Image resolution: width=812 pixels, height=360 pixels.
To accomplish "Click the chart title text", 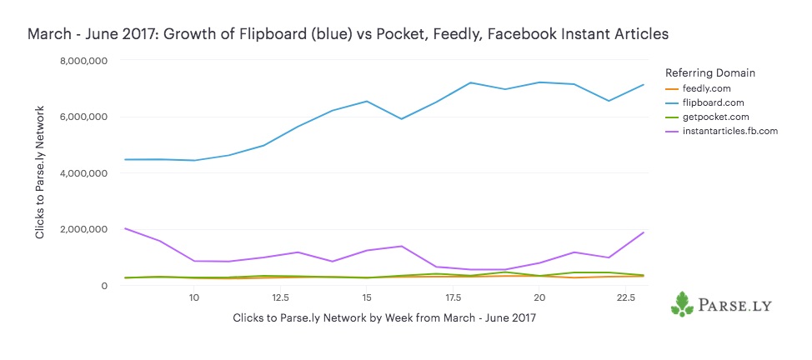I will [x=348, y=34].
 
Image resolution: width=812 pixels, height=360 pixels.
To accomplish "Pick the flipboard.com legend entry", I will [x=710, y=102].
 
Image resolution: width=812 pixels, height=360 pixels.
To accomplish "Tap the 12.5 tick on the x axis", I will [x=280, y=297].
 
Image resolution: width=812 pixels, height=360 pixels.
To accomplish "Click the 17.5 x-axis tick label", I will [x=453, y=297].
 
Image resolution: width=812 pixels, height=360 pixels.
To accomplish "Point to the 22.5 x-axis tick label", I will [x=625, y=297].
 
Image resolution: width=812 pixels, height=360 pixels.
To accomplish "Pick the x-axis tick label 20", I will [x=539, y=297].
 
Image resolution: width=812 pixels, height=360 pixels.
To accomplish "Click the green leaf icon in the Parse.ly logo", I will [x=682, y=304].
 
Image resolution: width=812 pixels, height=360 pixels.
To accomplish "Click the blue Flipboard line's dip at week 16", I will [x=401, y=118].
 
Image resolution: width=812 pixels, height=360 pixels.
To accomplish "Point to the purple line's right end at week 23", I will [x=643, y=232].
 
